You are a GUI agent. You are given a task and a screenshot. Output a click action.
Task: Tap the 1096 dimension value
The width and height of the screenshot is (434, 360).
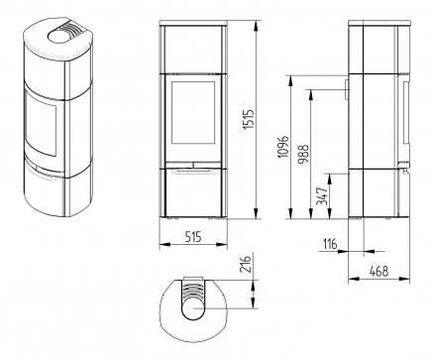click(x=283, y=146)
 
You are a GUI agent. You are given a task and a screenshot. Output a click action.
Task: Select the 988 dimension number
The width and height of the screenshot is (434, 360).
click(x=302, y=154)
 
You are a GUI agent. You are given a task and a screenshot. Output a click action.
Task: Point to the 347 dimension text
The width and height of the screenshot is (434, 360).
click(x=322, y=196)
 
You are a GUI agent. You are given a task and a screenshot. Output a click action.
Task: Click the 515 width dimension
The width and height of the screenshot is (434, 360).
click(x=193, y=236)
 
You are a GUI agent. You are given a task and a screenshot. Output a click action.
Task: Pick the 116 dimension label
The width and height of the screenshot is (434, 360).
click(x=330, y=244)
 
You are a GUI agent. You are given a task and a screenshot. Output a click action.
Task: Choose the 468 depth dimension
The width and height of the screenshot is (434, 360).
click(x=379, y=271)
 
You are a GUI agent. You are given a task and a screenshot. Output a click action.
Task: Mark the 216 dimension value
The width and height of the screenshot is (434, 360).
click(x=245, y=263)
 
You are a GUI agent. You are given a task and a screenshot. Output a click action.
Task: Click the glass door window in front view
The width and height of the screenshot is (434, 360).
click(x=193, y=112)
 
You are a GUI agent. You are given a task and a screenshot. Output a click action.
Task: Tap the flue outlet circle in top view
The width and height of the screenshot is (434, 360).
click(x=194, y=308)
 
